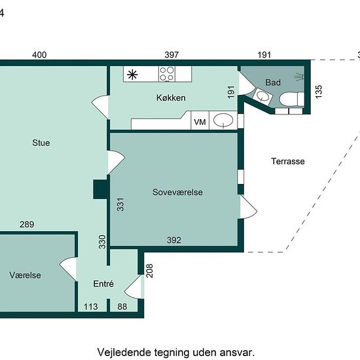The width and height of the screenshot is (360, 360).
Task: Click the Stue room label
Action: tap(41, 143)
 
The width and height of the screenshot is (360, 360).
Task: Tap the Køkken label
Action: tap(171, 98)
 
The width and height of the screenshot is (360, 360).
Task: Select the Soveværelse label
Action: tap(177, 192)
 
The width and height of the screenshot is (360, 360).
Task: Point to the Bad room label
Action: tap(273, 82)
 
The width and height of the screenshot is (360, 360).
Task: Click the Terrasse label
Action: tap(288, 161)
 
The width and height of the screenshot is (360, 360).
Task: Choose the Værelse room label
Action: tap(26, 275)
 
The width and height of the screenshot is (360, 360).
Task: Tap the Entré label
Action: tap(103, 284)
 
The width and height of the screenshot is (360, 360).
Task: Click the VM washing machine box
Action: tap(200, 120)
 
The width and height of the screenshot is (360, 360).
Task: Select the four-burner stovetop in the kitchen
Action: tap(167, 74)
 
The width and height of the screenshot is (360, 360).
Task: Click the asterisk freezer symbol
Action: tap(132, 75)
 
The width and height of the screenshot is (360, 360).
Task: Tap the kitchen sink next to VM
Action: tap(223, 120)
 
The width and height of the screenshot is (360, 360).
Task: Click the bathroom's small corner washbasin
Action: tap(263, 96)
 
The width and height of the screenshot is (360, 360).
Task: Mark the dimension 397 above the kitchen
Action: tap(171, 55)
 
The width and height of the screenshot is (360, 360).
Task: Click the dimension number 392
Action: tap(174, 240)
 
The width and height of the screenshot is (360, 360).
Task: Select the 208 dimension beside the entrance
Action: tap(149, 271)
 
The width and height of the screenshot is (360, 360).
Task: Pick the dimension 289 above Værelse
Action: tap(27, 225)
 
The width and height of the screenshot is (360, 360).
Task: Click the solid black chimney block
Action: tap(100, 189)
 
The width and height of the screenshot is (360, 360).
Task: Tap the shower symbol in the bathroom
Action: tap(299, 77)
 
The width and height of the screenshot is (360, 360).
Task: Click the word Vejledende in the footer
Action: tap(124, 352)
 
